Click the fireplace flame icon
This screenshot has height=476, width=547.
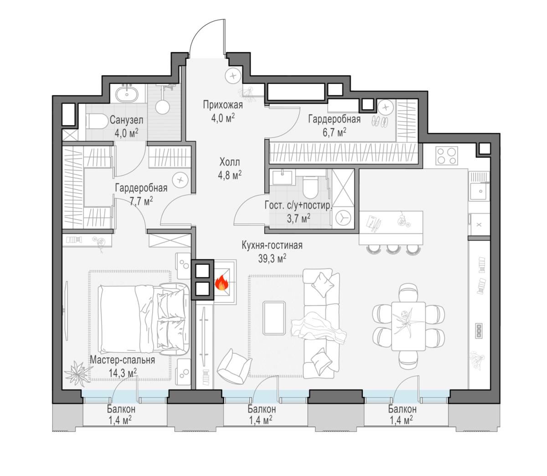[x=221, y=283]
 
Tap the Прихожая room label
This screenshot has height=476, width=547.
[x=223, y=105]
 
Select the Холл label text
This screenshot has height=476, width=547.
[x=230, y=162]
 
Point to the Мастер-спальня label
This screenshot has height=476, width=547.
[x=122, y=360]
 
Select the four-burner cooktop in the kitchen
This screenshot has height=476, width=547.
[x=446, y=156]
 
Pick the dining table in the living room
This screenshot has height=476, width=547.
[x=408, y=326]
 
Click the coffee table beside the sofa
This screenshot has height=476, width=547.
[x=274, y=318]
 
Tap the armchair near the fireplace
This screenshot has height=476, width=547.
[x=234, y=366]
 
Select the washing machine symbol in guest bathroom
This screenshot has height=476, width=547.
[x=343, y=218]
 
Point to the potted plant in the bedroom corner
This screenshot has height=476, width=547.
[x=76, y=373]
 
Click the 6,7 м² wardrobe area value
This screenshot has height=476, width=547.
[x=335, y=132]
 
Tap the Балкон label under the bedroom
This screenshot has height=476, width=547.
[x=121, y=409]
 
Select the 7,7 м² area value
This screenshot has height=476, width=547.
[x=141, y=201]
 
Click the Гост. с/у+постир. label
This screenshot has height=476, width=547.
[x=299, y=206]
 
